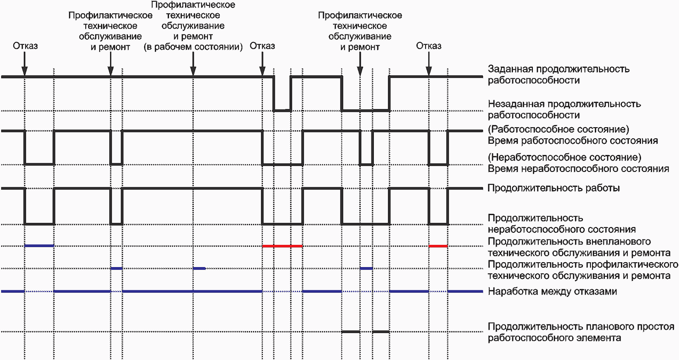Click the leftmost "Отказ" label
[x=25, y=46]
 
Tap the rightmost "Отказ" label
[x=429, y=46]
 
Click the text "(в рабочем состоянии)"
[x=193, y=47]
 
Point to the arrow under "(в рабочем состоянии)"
[x=193, y=71]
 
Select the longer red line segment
[x=282, y=246]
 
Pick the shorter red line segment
[x=438, y=246]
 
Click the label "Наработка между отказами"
[x=552, y=292]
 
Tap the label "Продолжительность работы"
[x=554, y=188]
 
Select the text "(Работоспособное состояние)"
[x=558, y=129]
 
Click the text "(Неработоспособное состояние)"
[x=564, y=157]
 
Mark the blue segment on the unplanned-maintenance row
[x=39, y=246]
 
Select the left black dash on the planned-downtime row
[x=351, y=332]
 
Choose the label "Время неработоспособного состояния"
[x=578, y=169]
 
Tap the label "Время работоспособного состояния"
[x=573, y=140]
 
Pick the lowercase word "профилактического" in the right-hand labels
[x=633, y=264]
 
